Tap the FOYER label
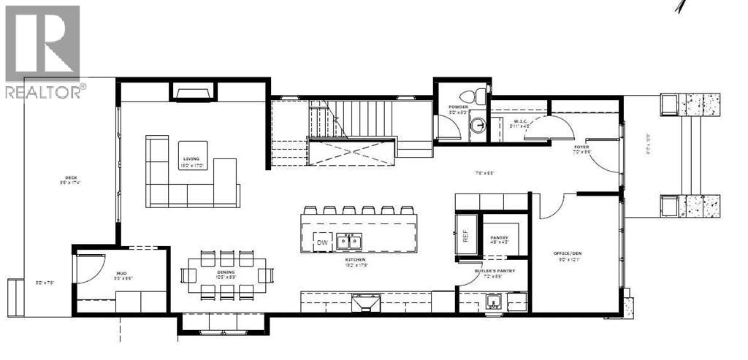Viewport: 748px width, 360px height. click(x=581, y=146)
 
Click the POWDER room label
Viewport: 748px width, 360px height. click(x=458, y=107)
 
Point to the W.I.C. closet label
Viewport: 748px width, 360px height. click(x=520, y=121)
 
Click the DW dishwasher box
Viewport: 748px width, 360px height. click(x=322, y=242)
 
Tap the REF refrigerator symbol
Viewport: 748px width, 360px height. click(x=463, y=236)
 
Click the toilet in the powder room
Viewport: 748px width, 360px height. click(x=480, y=95)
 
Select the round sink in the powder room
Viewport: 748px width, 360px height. click(x=478, y=126)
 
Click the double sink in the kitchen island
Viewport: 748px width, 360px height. click(x=348, y=242)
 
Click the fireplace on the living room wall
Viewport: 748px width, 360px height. click(x=194, y=91)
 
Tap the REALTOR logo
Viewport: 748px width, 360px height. click(x=42, y=51)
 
